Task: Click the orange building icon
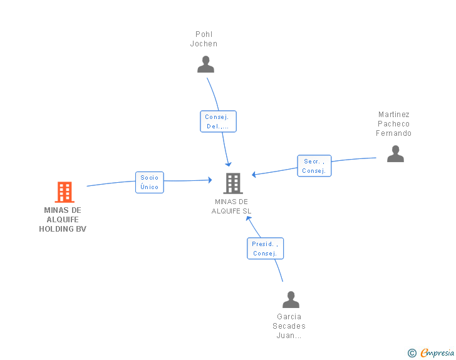coord(65,192)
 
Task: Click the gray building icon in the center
coord(233,183)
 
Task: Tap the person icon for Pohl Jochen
coord(205,64)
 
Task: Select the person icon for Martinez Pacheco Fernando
coord(395,153)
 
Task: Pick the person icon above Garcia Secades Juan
coord(291,299)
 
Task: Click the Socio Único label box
coord(150,182)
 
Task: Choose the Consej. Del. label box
coord(218,121)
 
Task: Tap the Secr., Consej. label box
coord(314,166)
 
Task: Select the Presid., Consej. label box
coord(265,249)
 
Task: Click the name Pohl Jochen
coord(204,39)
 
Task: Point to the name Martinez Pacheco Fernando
coord(393,123)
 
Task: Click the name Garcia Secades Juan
coord(289,326)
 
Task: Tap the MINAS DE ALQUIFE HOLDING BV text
coord(63,220)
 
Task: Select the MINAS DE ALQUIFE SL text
coord(231,206)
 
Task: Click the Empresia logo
coord(437,352)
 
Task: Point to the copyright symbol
coord(412,353)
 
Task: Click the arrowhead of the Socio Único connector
coord(210,180)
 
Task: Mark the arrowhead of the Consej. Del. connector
coord(229,164)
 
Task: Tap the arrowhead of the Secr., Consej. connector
coord(254,175)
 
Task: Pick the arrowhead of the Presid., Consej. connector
coord(248,219)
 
